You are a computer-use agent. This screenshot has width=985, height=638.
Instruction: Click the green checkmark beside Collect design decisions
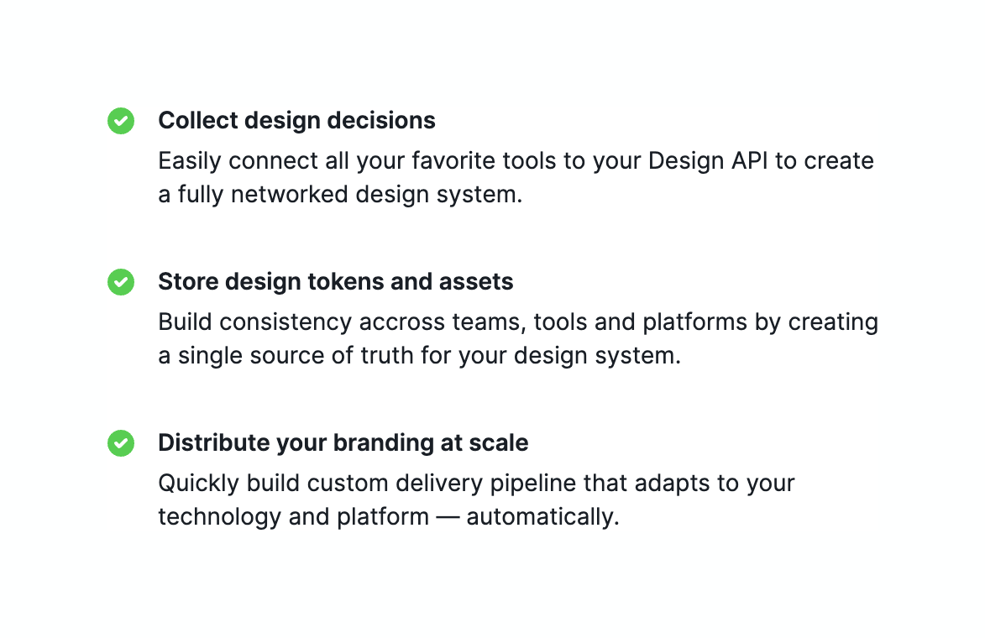coord(121,121)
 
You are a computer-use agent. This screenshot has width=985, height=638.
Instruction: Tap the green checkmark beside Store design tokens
coord(121,282)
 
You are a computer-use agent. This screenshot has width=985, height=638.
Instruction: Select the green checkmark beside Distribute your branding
coord(121,443)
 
